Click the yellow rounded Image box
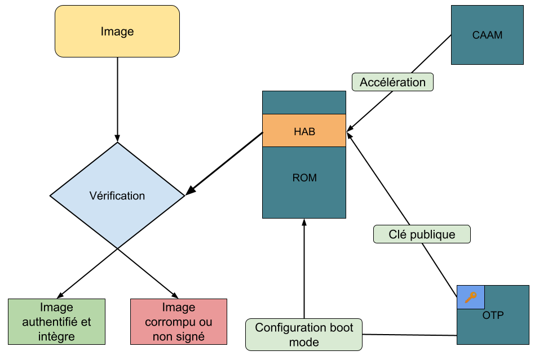click(117, 32)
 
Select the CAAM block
click(487, 35)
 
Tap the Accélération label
click(392, 82)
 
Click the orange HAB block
click(304, 131)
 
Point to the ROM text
click(304, 178)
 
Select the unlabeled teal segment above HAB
click(304, 103)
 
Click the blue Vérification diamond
click(117, 195)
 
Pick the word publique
click(432, 234)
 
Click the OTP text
click(493, 315)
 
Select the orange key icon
click(471, 297)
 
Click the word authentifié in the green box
click(51, 322)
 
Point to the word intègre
click(56, 336)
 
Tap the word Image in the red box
click(178, 308)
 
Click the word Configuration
click(288, 327)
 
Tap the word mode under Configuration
click(304, 342)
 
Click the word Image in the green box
click(56, 308)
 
